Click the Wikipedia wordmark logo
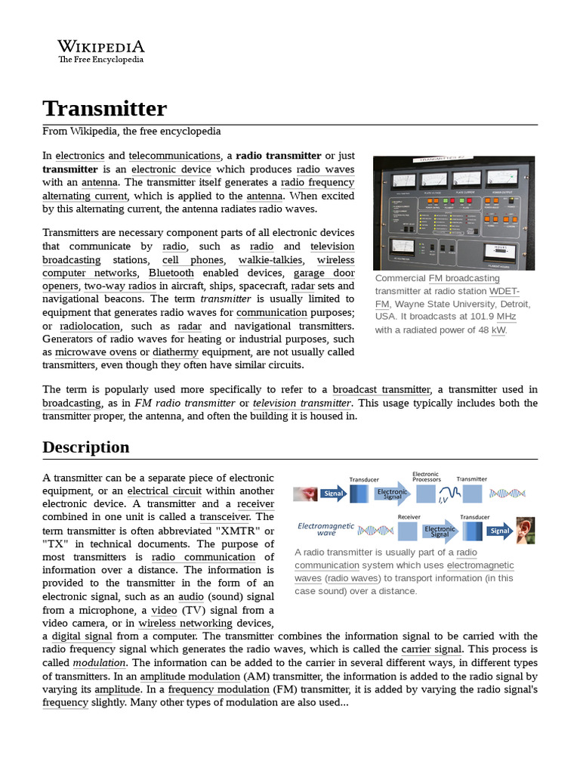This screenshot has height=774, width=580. (101, 51)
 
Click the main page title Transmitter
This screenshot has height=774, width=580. (104, 108)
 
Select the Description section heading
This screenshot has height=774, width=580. (85, 447)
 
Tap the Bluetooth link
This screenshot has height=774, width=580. (171, 273)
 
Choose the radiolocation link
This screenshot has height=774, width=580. (91, 326)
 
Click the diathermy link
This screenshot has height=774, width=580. (175, 352)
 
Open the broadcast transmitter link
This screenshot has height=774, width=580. (381, 389)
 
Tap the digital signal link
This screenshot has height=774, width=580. (82, 636)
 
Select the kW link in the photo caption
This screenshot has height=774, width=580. (498, 330)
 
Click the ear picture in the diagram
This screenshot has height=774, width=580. (525, 530)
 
